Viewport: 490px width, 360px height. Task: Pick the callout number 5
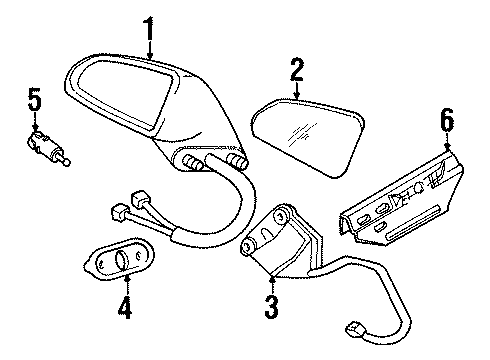(35, 99)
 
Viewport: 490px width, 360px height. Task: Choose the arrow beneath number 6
(447, 142)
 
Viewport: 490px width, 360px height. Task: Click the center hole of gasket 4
(120, 264)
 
